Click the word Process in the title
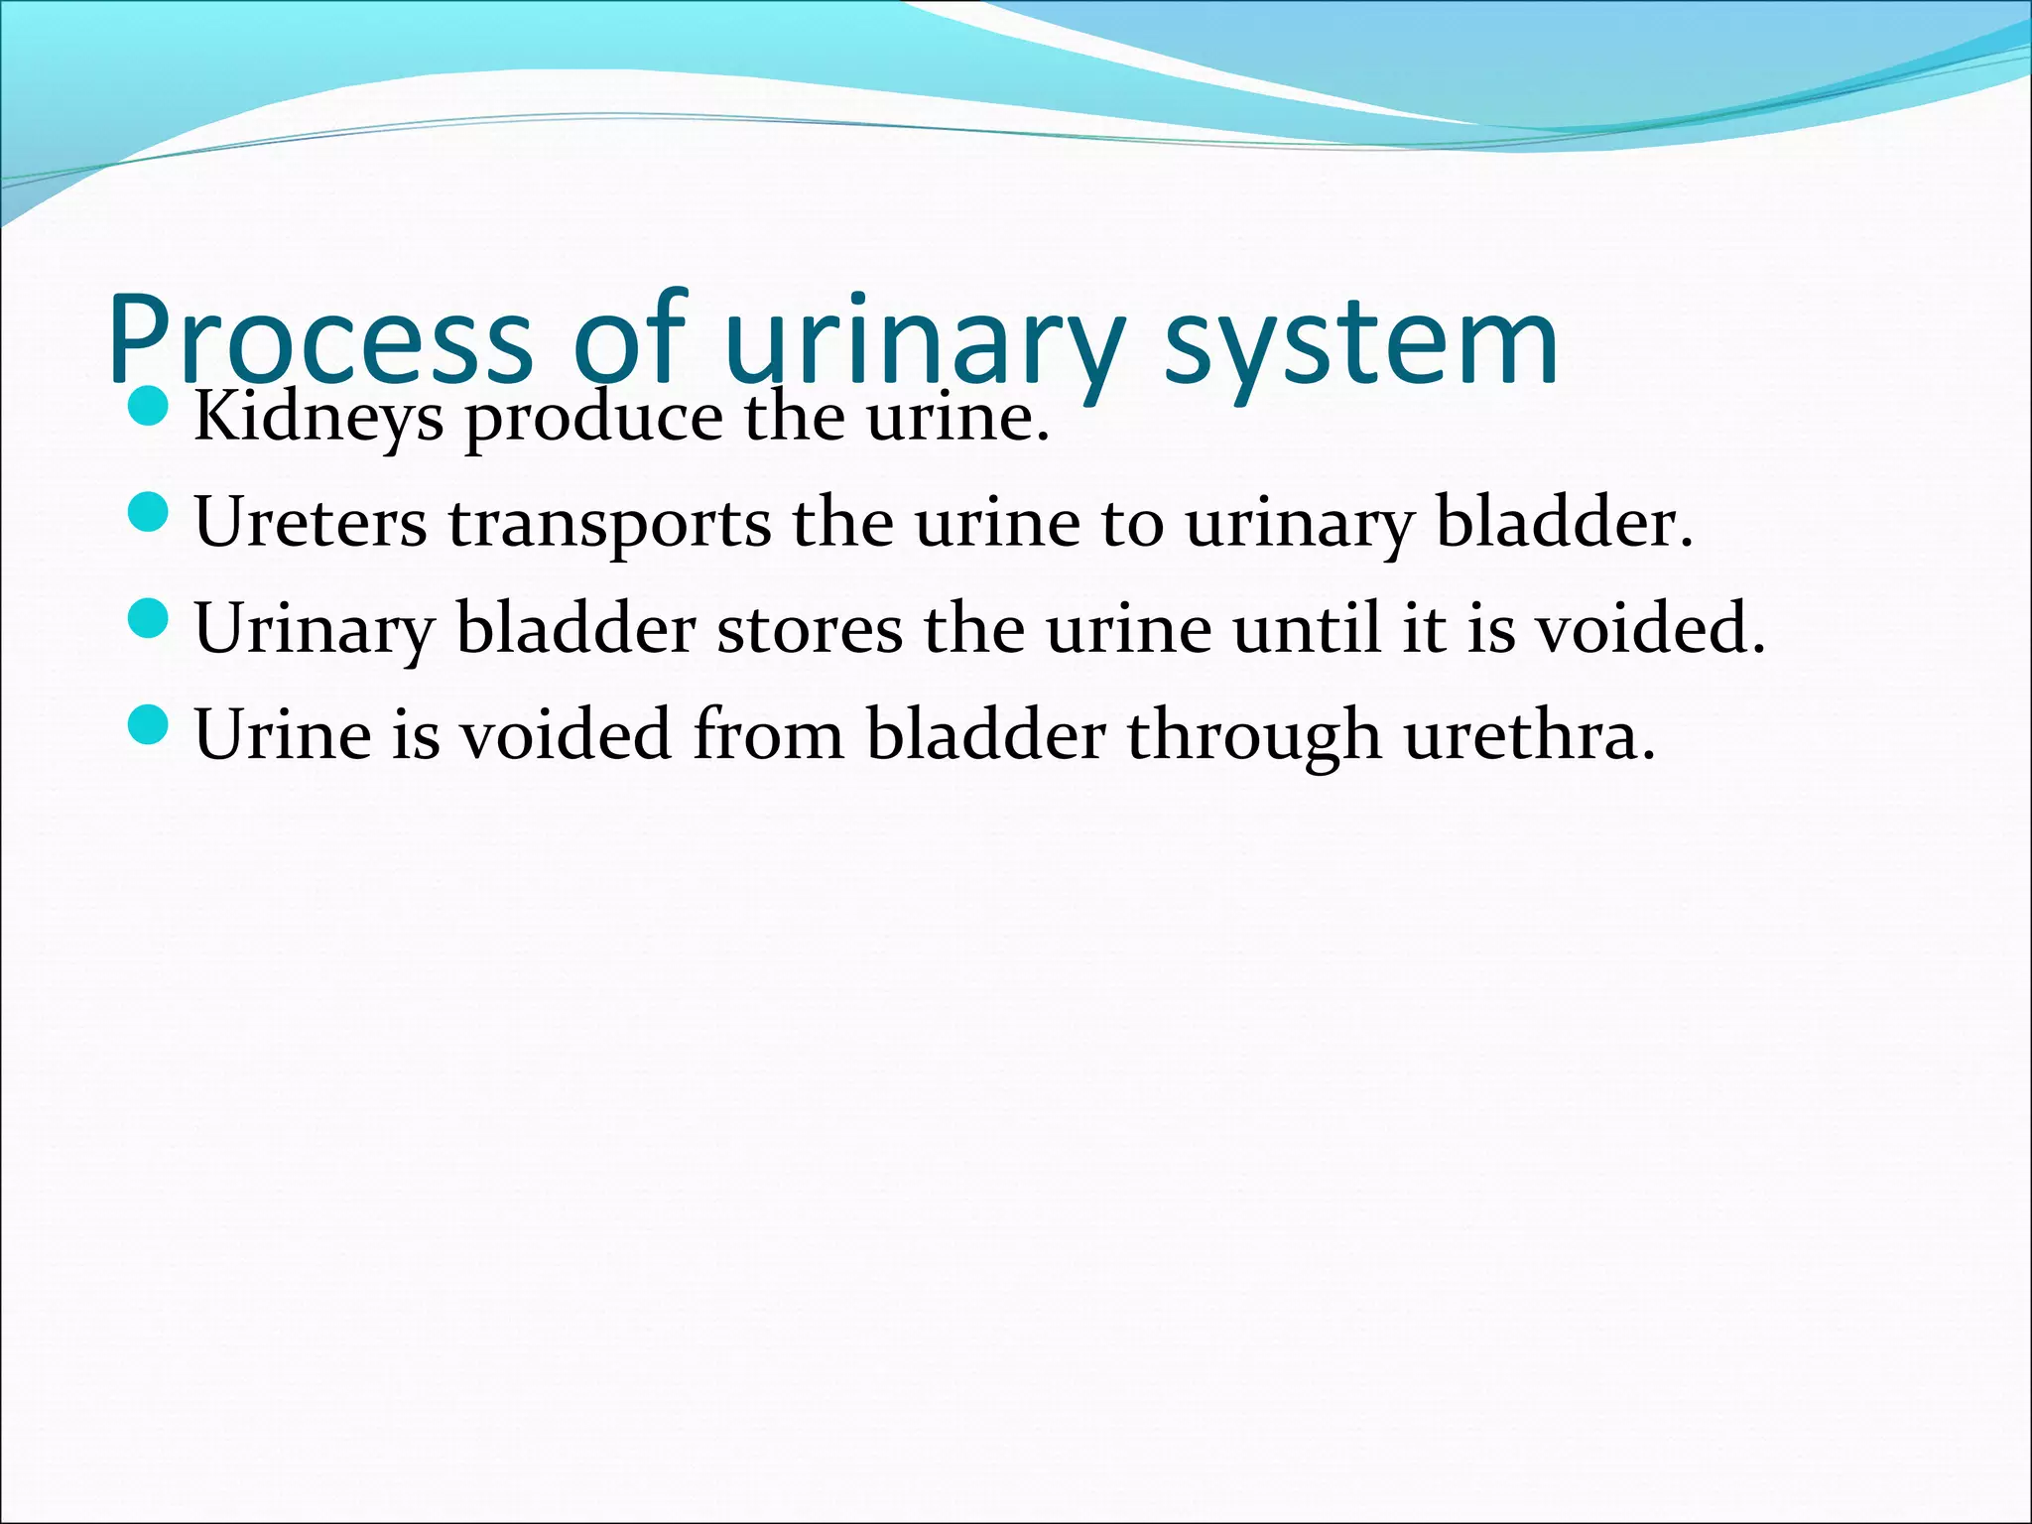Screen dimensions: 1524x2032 [319, 339]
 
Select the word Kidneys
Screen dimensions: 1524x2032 [318, 418]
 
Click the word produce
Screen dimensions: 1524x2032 [594, 418]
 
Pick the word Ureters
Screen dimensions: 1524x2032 [311, 523]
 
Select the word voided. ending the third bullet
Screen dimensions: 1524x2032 [1651, 629]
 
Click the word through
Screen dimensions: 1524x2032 [1253, 736]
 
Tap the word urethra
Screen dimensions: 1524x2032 [1529, 735]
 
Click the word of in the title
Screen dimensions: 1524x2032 [629, 339]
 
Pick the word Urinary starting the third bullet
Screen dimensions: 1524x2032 [315, 629]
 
